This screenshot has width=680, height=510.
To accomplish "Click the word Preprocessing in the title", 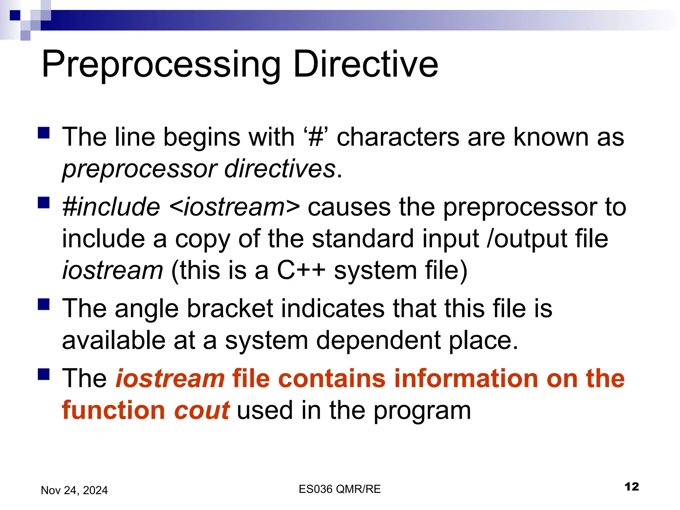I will [161, 65].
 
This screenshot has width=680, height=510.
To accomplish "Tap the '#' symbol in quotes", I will [315, 137].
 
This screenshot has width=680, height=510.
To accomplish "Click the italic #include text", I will [111, 207].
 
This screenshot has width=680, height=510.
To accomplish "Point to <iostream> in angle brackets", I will [234, 207].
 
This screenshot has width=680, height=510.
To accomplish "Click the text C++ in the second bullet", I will [301, 270].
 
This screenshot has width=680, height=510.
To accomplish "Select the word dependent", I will [378, 340].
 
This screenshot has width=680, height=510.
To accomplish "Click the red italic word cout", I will [202, 410].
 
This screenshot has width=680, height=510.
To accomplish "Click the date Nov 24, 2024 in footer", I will [74, 490].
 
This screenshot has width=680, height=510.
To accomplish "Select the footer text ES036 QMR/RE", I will [339, 489].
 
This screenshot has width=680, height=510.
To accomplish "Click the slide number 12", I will [631, 487].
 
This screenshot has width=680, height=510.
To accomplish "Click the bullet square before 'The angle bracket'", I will [43, 304].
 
